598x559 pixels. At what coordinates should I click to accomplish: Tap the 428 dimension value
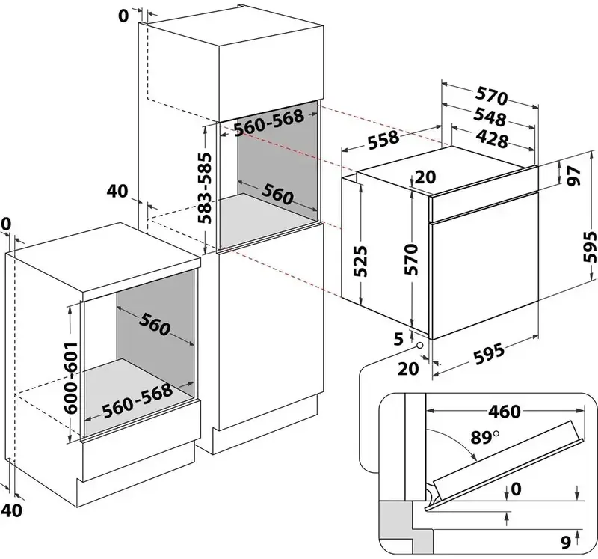[491, 139]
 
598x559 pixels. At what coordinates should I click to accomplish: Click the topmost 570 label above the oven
[491, 97]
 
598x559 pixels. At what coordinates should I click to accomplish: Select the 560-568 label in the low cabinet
[137, 400]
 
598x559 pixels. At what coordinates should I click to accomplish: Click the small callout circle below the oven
[420, 346]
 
